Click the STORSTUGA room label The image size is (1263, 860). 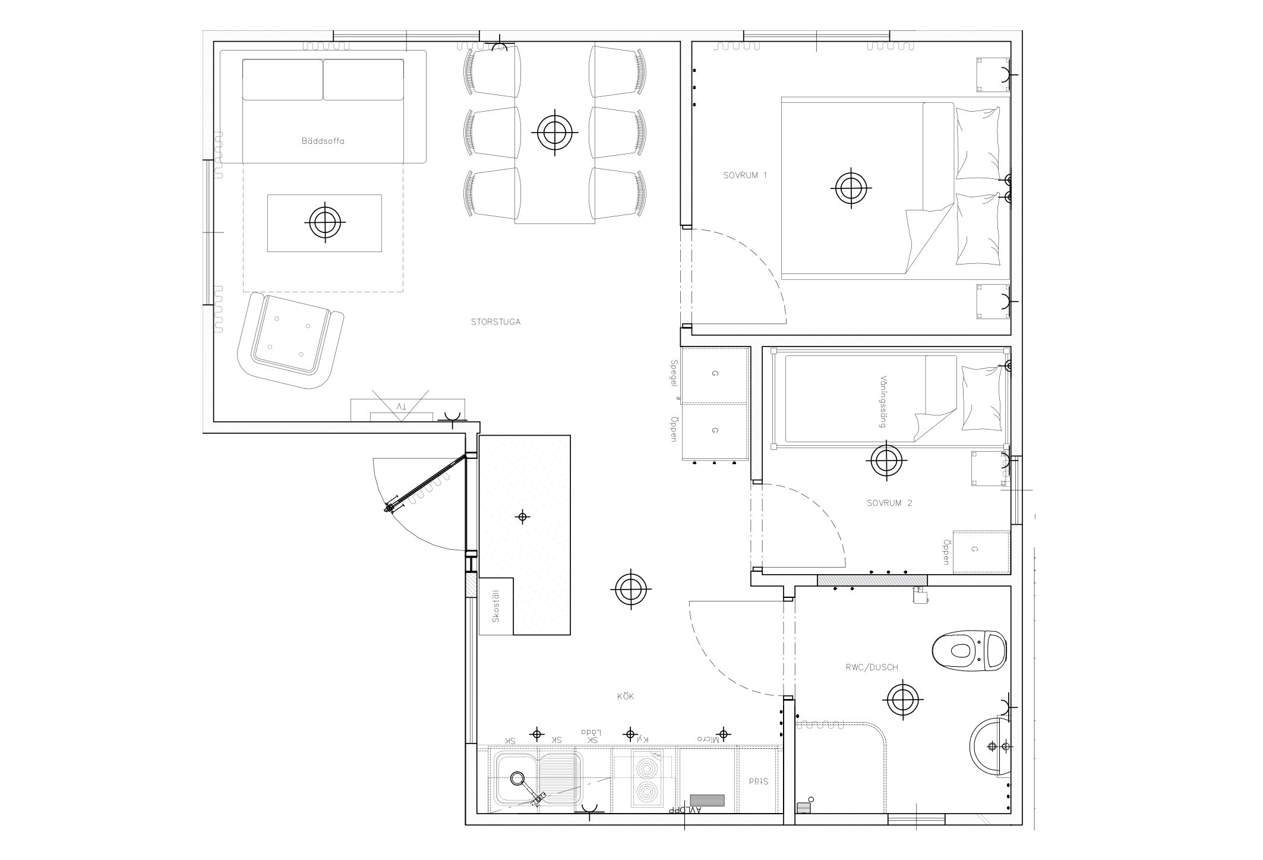pyautogui.click(x=495, y=322)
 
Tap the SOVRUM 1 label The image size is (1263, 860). pyautogui.click(x=745, y=175)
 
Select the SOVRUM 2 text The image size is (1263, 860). pyautogui.click(x=889, y=503)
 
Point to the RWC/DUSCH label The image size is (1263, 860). pyautogui.click(x=871, y=667)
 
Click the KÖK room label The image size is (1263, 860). pyautogui.click(x=626, y=696)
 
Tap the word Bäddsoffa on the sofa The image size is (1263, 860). pyautogui.click(x=323, y=141)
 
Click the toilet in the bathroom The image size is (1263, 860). pyautogui.click(x=969, y=650)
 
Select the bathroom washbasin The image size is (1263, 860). pyautogui.click(x=990, y=746)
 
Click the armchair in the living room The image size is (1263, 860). pyautogui.click(x=290, y=341)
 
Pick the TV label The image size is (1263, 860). pyautogui.click(x=402, y=407)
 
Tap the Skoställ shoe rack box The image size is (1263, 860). pyautogui.click(x=495, y=606)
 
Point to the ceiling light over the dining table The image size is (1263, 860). pyautogui.click(x=555, y=133)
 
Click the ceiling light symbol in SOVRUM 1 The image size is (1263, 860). pyautogui.click(x=851, y=188)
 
